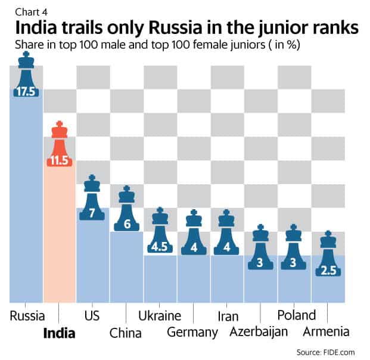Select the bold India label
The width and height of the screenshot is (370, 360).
pos(60,333)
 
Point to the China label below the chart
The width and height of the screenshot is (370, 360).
pos(126,332)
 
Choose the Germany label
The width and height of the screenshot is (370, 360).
pos(192,332)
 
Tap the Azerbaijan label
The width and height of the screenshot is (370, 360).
pos(260,332)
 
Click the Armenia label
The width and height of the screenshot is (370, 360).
pos(326,332)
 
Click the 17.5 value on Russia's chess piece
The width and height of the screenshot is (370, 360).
pos(26,92)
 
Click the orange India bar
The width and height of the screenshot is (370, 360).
pos(59,238)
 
